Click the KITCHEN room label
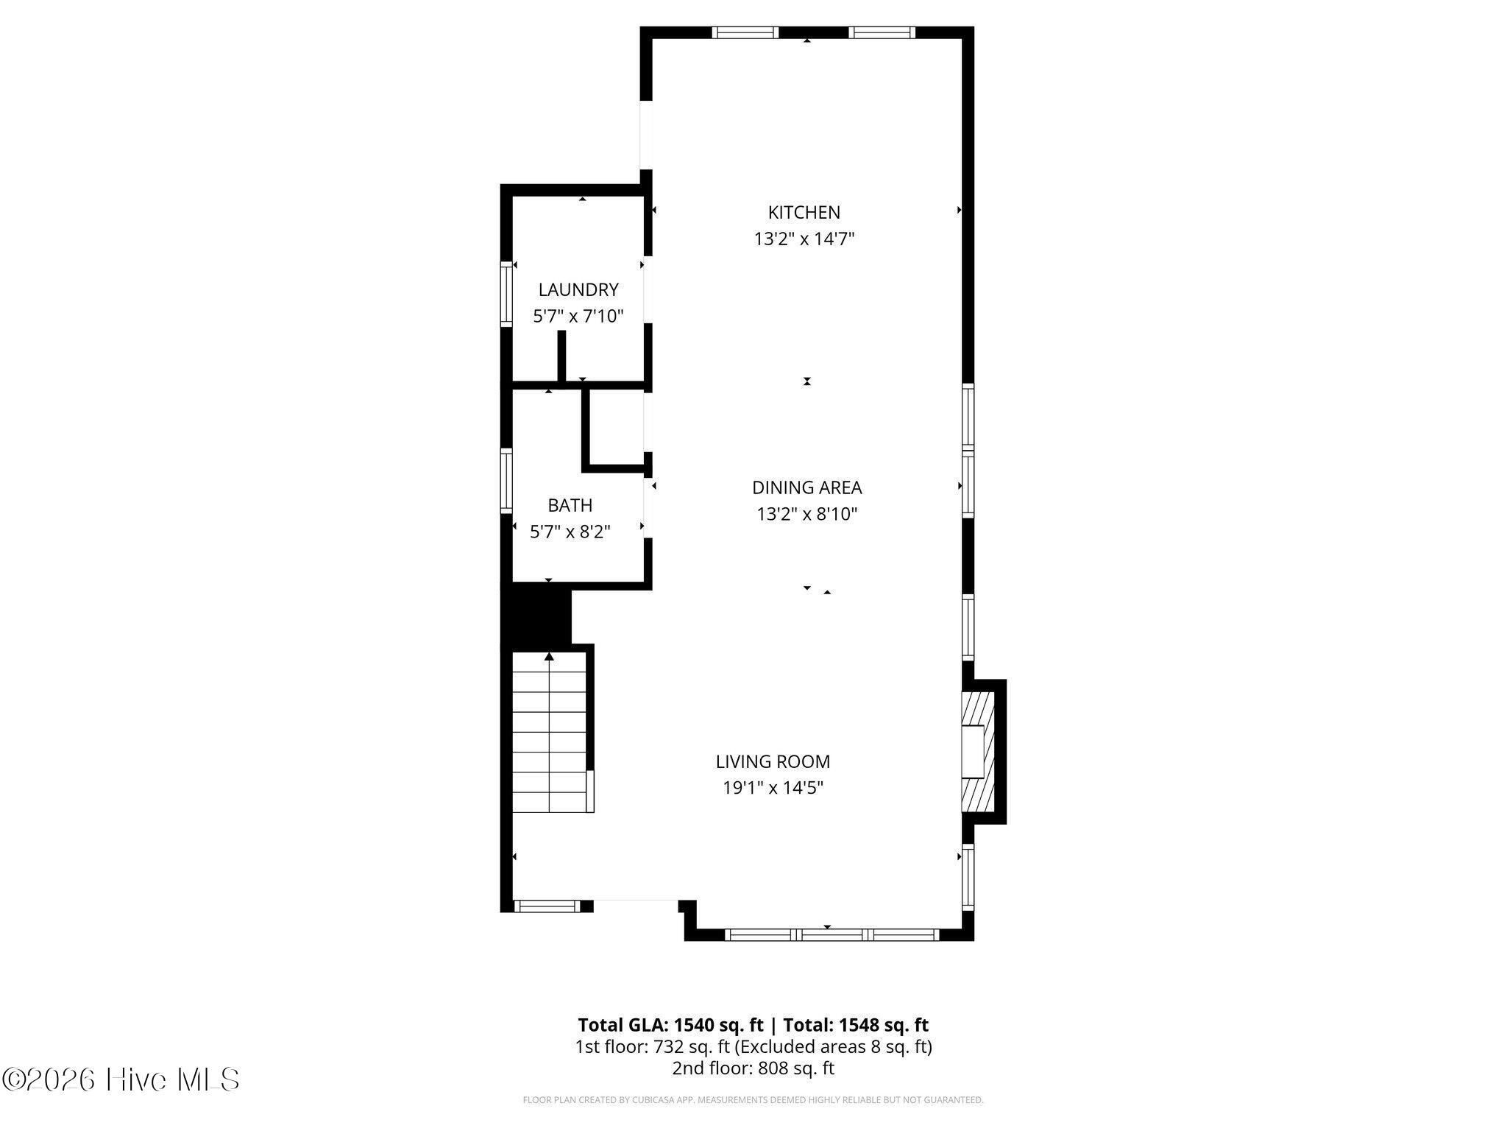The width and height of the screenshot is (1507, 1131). [804, 212]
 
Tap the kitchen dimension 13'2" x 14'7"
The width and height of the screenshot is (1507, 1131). [804, 239]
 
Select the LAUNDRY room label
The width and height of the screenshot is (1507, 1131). [578, 289]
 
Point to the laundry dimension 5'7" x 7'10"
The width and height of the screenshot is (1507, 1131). [578, 317]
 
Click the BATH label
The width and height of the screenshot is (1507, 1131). [570, 505]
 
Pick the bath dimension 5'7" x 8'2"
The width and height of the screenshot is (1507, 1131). [570, 532]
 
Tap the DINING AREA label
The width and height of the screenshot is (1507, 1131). [807, 487]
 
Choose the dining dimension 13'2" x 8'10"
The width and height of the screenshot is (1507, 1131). [807, 514]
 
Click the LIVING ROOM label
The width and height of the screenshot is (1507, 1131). [773, 761]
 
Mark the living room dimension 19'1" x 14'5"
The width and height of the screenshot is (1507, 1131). [773, 788]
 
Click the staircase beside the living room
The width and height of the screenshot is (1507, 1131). [550, 732]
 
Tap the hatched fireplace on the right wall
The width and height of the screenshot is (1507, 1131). [979, 751]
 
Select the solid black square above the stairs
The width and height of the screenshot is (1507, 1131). [536, 615]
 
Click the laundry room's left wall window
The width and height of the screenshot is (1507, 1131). [506, 294]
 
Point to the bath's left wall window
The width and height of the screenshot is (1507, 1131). [506, 481]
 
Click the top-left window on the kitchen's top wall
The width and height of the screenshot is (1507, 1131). [745, 32]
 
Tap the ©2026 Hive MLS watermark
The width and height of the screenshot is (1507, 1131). [121, 1080]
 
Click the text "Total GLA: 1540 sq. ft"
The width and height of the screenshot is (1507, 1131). [670, 1025]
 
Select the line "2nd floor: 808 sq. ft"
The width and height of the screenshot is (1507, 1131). [753, 1068]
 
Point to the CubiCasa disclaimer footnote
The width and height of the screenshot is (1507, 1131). [753, 1100]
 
